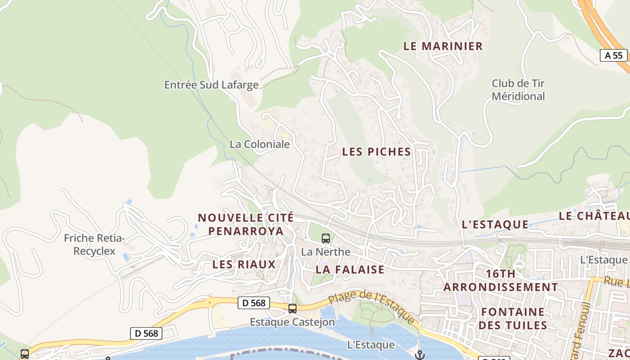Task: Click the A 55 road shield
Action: [x=614, y=55]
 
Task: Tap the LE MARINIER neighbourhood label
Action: [x=443, y=46]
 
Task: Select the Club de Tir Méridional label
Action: [x=518, y=90]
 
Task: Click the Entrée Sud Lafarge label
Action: [x=211, y=85]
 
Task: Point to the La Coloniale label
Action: [x=260, y=144]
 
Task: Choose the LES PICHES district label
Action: [x=377, y=152]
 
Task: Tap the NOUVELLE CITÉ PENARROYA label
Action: [x=246, y=224]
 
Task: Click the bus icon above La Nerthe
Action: [x=326, y=238]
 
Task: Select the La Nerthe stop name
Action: [x=326, y=252]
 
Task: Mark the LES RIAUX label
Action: [x=244, y=264]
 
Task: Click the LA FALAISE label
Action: [x=350, y=269]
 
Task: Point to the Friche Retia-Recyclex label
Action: [x=94, y=244]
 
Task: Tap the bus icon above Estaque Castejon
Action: [x=292, y=308]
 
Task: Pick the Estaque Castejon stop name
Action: [x=292, y=322]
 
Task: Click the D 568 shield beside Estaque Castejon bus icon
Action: [x=253, y=303]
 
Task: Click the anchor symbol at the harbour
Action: [x=419, y=355]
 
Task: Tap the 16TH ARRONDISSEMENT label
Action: [x=501, y=280]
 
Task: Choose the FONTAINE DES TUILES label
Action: [x=513, y=318]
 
